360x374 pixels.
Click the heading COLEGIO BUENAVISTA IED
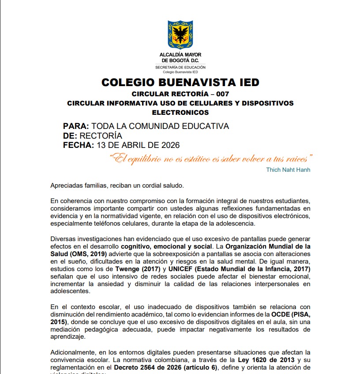(180, 83)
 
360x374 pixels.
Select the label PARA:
(76, 126)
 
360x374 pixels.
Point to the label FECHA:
(79, 145)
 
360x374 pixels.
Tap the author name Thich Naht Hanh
(288, 170)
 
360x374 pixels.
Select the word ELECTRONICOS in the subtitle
(180, 113)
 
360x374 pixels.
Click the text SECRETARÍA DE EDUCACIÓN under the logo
(180, 68)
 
